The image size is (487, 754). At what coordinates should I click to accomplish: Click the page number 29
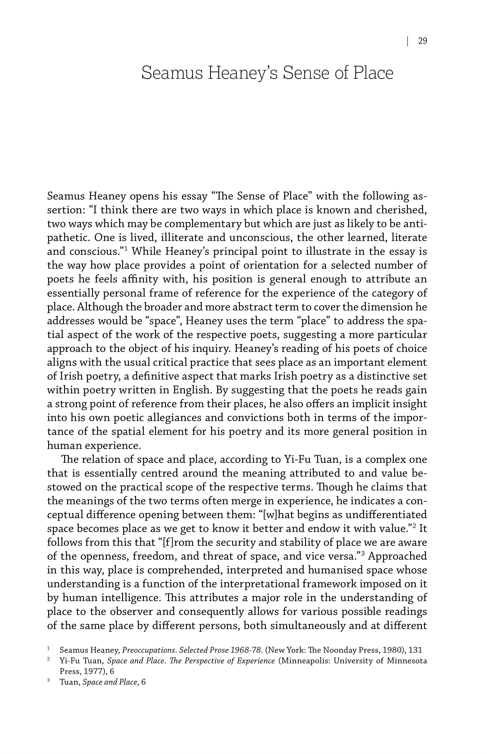click(422, 41)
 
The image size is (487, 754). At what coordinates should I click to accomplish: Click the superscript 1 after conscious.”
click(126, 249)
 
